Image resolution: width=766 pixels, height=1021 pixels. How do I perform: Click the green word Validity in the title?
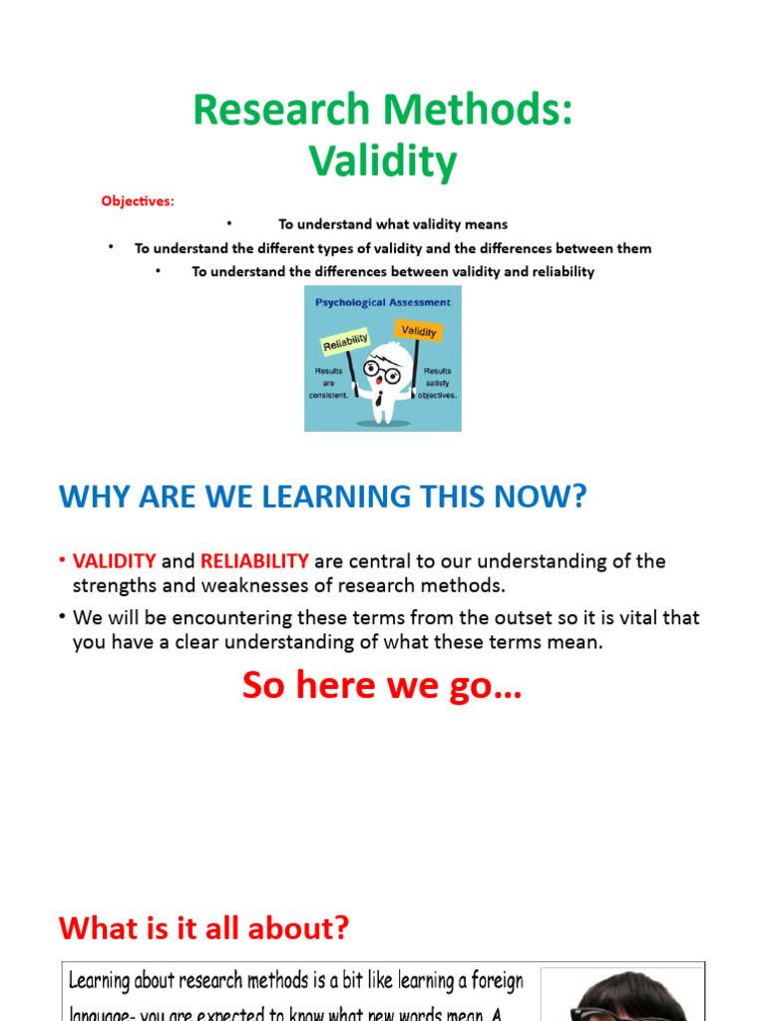point(383,160)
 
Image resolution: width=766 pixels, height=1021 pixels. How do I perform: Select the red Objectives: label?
point(137,201)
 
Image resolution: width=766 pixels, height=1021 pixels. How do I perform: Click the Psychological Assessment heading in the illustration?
point(383,302)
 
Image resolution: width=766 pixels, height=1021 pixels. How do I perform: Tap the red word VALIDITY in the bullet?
point(114,561)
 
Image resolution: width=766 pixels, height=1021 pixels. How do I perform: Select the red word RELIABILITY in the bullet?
point(254,561)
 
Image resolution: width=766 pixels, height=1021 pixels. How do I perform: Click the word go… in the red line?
point(489,686)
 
